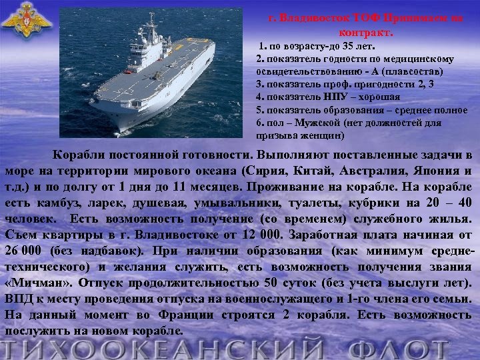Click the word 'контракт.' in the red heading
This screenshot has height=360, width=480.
(367, 31)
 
